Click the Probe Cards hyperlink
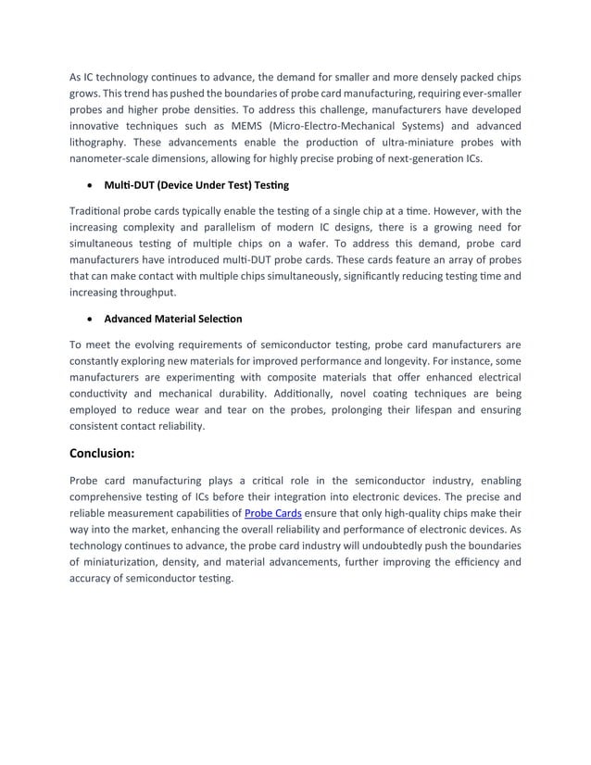coord(272,512)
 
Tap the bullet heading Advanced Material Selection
coord(172,319)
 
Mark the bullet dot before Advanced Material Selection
coord(89,320)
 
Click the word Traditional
coord(99,210)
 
